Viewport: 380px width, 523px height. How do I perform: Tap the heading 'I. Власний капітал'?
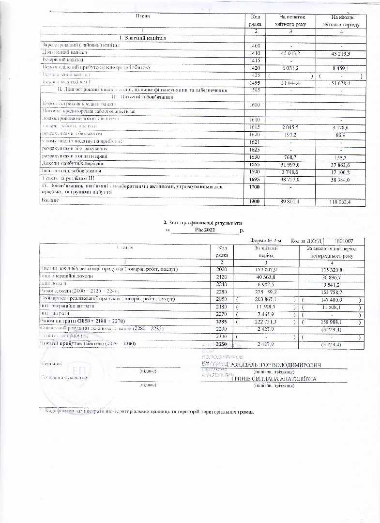click(x=141, y=38)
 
